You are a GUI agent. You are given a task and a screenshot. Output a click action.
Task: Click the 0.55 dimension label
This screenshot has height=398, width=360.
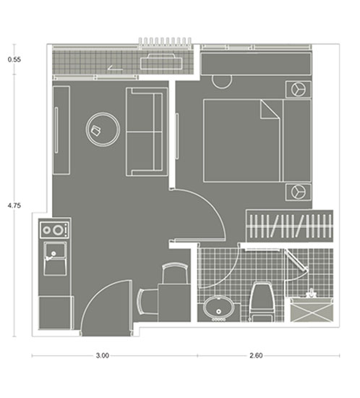[14, 59]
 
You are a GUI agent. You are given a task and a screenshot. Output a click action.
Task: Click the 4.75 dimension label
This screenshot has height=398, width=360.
[14, 206]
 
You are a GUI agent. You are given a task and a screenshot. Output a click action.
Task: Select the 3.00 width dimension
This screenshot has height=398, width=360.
[103, 355]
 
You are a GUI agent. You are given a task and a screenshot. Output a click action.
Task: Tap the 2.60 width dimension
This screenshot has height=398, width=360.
[256, 355]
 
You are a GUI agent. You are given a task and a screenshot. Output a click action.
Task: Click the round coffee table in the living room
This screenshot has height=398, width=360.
[103, 130]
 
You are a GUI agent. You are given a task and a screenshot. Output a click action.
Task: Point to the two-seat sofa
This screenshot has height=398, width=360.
[147, 132]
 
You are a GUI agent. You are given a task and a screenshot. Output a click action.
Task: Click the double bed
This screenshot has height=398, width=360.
[257, 140]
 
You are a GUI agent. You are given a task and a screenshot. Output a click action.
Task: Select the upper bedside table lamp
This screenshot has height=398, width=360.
[299, 89]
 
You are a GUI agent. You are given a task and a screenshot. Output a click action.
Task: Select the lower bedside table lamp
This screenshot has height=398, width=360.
[299, 192]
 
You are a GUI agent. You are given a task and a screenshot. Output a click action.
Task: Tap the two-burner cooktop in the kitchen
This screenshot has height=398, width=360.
[54, 230]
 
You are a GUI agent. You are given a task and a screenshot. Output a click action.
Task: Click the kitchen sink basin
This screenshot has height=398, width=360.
[55, 258]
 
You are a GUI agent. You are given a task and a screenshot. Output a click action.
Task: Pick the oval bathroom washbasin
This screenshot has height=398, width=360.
[218, 308]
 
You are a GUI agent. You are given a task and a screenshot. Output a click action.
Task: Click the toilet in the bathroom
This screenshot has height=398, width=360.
[262, 302]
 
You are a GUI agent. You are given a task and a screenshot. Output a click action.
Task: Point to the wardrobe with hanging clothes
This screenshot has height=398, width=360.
[290, 226]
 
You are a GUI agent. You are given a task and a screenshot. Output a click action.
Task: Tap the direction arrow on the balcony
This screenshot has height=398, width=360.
[115, 68]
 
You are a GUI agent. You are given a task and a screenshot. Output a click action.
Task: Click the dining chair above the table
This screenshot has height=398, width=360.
[175, 273]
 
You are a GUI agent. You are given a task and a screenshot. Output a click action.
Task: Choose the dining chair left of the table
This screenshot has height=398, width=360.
[147, 302]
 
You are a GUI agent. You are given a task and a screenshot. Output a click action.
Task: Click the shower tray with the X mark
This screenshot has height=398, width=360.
[312, 310]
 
